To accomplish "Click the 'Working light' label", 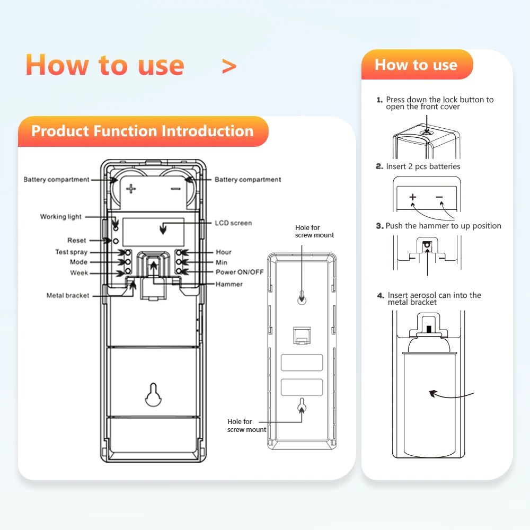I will coord(61,217).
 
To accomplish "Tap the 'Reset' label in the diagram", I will coord(77,241).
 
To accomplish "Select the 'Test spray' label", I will coord(71,252).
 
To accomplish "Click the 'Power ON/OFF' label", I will coord(240,272).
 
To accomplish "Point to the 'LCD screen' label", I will coord(233,223).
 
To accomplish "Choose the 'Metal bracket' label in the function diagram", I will coord(68,296).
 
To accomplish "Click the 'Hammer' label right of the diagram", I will coord(229,285).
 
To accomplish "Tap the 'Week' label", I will coord(79,273).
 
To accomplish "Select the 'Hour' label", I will coord(224,252).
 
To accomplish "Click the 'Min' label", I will coord(222,262).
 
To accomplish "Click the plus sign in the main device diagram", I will coord(131,188).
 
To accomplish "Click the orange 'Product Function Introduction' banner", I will coord(143,131).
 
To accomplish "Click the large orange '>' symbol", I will coord(229,66).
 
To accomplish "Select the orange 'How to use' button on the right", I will coord(416,65).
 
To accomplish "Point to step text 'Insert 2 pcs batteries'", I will coord(423,166).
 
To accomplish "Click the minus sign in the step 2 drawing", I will coord(439,197).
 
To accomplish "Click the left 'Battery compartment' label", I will coord(57,180).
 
